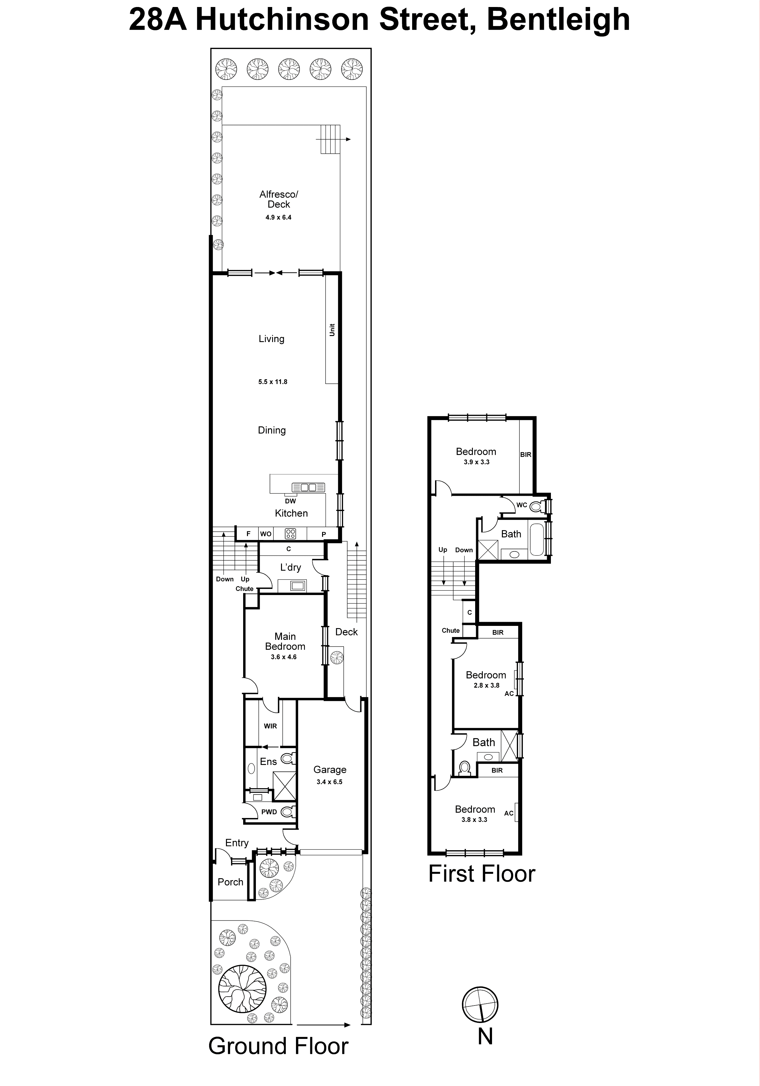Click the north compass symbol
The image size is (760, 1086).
480,1005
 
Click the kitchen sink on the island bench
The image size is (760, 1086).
308,487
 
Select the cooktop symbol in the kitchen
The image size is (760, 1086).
290,534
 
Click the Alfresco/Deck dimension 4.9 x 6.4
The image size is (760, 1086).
278,218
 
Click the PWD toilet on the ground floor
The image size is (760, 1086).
287,812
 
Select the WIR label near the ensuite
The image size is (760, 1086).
270,726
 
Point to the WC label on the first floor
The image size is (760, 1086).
522,505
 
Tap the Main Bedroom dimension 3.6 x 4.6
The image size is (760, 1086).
284,657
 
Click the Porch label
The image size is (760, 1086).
230,882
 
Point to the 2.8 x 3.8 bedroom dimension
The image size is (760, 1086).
487,685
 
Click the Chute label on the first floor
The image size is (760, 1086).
451,631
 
